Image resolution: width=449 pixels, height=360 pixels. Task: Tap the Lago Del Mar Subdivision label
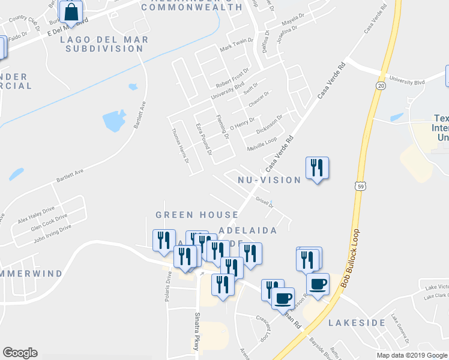click(x=101, y=44)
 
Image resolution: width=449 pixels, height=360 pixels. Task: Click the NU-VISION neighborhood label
click(x=269, y=180)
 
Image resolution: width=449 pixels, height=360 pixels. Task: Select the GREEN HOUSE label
click(x=185, y=214)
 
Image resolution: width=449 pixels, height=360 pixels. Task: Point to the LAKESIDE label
click(x=357, y=323)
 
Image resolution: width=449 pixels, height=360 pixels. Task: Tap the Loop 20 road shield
click(x=381, y=86)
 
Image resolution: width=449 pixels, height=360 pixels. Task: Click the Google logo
click(x=20, y=353)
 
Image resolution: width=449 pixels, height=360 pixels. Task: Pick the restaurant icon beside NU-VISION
click(x=317, y=167)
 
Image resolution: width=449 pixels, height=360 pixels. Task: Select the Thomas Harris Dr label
click(x=180, y=147)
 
